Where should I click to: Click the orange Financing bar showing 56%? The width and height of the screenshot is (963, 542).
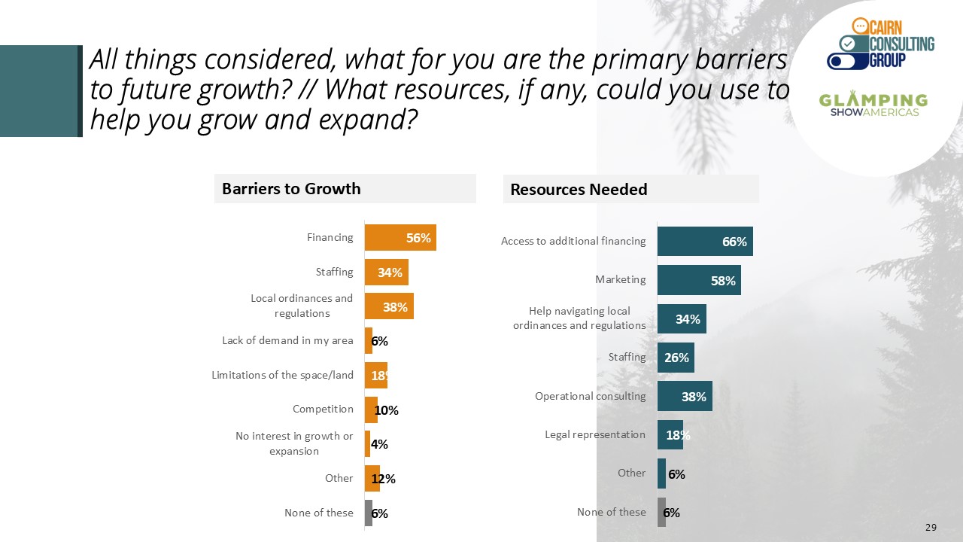[399, 238]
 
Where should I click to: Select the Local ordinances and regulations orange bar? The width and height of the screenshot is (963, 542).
[388, 306]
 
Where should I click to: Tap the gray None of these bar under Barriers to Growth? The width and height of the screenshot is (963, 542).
[369, 513]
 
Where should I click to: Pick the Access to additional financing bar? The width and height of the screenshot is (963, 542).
[704, 241]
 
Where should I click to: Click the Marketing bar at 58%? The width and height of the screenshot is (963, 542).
[698, 280]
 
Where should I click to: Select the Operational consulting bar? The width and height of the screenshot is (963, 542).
[684, 396]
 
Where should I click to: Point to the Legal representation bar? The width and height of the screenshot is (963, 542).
[670, 434]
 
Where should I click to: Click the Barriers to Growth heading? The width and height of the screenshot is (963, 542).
[291, 189]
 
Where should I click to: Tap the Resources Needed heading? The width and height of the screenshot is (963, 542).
[579, 190]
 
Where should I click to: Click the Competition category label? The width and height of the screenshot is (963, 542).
[323, 409]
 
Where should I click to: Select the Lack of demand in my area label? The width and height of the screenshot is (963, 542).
[287, 340]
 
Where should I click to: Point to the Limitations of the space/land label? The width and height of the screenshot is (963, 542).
[282, 375]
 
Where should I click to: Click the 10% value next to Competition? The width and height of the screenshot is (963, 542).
[387, 410]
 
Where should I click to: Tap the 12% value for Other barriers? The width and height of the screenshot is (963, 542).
[384, 479]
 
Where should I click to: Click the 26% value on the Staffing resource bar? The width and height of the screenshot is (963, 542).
[676, 358]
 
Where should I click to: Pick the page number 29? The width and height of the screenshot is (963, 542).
[931, 528]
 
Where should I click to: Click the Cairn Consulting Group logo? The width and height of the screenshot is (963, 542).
[880, 44]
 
